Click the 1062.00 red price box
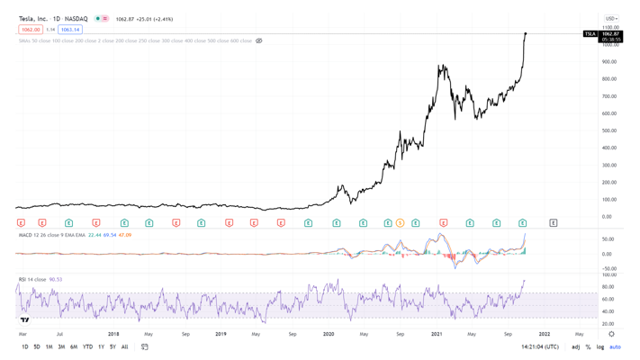tap(31, 30)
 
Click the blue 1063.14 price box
tap(70, 30)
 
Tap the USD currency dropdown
tap(611, 19)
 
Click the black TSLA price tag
tap(590, 34)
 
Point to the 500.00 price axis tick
tap(609, 130)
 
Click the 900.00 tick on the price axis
tap(609, 62)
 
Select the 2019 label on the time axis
tap(221, 334)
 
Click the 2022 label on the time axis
tap(544, 334)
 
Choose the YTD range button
tap(87, 346)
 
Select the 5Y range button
tap(113, 346)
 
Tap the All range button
tap(124, 346)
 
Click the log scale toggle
tap(600, 346)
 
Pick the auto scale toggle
tap(615, 346)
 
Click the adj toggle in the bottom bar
tap(576, 346)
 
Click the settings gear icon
tap(611, 334)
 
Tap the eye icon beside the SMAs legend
tap(259, 40)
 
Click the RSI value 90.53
tap(56, 279)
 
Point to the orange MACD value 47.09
tap(125, 235)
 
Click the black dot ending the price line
tap(526, 34)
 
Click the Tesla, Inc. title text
tap(33, 19)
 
